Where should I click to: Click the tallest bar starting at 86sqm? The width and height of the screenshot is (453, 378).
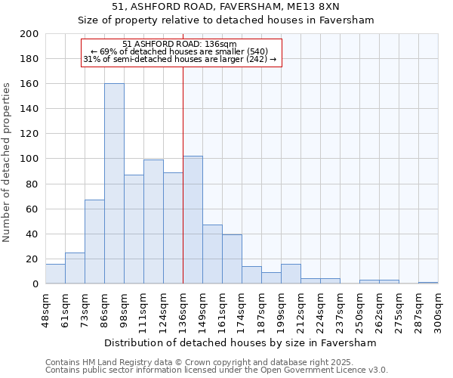tap(114, 184)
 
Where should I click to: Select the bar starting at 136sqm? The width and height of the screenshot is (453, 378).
tap(193, 220)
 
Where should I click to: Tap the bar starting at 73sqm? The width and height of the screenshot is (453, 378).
tap(94, 242)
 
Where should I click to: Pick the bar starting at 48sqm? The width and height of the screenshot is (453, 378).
tap(55, 274)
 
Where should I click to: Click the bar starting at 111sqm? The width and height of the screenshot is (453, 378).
tap(153, 222)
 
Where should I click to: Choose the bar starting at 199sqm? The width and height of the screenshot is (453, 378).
tap(291, 274)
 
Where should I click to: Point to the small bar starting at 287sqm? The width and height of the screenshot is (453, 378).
tap(428, 283)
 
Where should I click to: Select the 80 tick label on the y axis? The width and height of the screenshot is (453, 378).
tap(32, 184)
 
